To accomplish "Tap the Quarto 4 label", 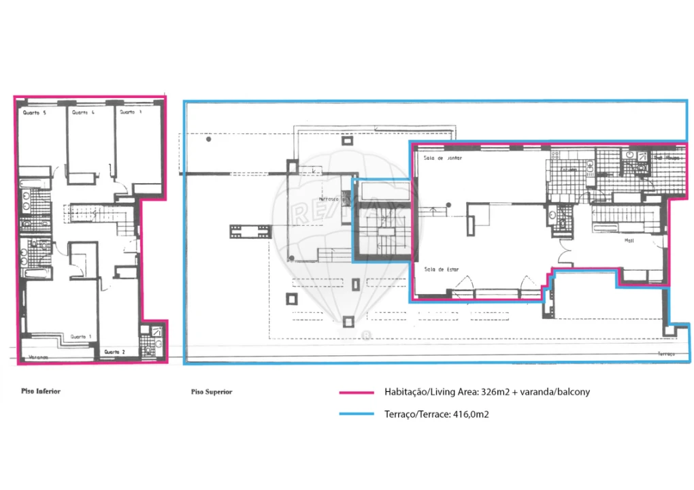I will pos(83,113).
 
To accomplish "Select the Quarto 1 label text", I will pos(82,337).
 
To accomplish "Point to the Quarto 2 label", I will pos(114,352).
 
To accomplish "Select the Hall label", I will pos(629,240).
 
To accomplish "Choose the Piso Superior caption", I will pos(212,392).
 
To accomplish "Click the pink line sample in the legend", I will pos(357,393).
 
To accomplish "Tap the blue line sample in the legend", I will pos(357,414).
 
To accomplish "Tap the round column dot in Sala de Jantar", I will pos(448,205).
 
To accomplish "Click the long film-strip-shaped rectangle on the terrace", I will pos(250,232).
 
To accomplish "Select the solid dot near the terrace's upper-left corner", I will pos(209,140).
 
